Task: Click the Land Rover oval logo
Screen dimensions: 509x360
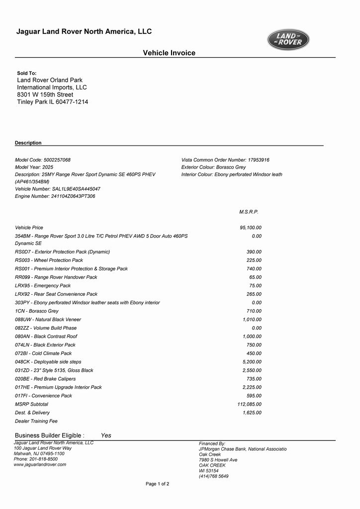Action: pos(288,40)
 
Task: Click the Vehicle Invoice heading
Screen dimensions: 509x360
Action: pos(169,53)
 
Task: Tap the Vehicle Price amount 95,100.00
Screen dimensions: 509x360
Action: pos(251,228)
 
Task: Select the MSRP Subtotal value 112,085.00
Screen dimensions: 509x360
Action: pos(250,404)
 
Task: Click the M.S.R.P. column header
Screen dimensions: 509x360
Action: pos(249,212)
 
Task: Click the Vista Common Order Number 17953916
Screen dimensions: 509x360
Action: pos(259,160)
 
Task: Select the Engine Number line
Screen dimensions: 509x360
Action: pos(55,196)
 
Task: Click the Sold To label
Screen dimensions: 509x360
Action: pos(27,73)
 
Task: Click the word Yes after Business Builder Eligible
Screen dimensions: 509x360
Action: pos(106,435)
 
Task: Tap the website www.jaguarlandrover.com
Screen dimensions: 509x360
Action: pos(40,464)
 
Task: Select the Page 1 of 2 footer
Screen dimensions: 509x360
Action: pos(157,484)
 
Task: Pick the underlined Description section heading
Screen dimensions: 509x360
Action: pos(28,143)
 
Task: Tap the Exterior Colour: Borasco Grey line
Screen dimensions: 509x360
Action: pos(214,168)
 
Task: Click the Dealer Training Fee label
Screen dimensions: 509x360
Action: pos(36,421)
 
